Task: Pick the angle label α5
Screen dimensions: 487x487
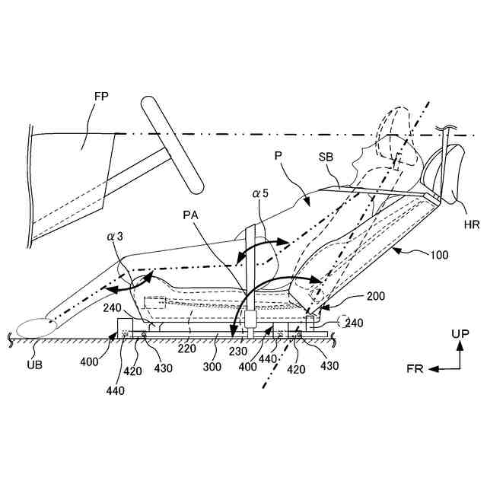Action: pyautogui.click(x=262, y=196)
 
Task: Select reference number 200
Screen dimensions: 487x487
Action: pyautogui.click(x=376, y=296)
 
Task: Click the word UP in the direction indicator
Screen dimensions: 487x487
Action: pyautogui.click(x=460, y=333)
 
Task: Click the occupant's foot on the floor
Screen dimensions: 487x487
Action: pyautogui.click(x=35, y=328)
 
